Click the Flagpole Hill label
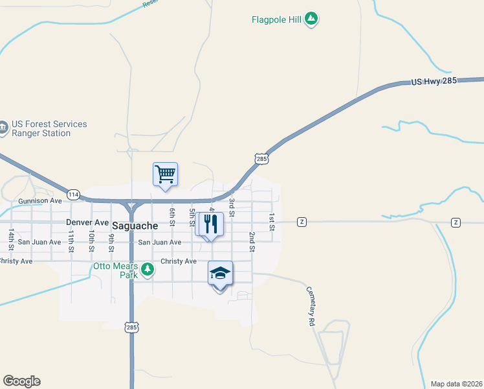277,19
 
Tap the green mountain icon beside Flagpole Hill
311,19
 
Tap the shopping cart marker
165,174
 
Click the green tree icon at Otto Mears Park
148,269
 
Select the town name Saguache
135,226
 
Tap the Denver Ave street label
87,222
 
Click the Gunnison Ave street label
40,201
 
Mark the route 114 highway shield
73,194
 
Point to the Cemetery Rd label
311,306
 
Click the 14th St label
12,238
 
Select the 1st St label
272,222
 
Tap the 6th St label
173,217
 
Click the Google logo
21,381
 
